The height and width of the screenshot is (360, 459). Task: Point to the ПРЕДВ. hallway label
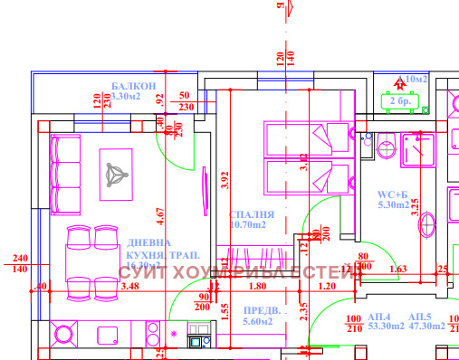(263, 310)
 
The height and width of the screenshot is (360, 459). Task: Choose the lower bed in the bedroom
(307, 174)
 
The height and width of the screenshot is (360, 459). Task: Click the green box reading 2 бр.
(398, 101)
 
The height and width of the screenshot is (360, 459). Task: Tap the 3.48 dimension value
(129, 287)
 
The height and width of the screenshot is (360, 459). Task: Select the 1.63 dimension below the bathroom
(397, 269)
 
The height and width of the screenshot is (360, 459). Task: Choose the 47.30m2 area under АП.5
(425, 327)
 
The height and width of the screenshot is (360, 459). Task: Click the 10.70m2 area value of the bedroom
(253, 224)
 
